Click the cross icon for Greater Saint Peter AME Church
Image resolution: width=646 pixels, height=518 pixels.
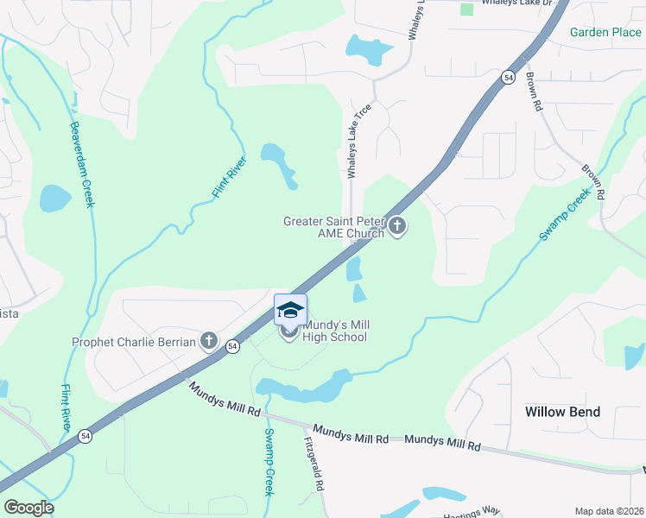tap(397, 227)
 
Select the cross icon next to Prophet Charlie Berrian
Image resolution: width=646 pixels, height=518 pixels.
tap(208, 341)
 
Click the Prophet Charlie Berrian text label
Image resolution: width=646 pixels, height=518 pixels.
tap(134, 341)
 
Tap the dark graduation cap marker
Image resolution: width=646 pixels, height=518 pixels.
tap(290, 309)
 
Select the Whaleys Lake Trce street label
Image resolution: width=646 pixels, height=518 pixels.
tap(352, 143)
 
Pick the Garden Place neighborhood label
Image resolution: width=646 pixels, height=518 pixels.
tap(605, 32)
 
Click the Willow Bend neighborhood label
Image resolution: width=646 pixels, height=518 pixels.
tap(562, 412)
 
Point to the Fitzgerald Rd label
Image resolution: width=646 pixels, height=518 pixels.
tap(314, 463)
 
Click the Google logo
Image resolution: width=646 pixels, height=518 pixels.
tap(28, 507)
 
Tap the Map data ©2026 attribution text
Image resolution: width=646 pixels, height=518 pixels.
tap(609, 511)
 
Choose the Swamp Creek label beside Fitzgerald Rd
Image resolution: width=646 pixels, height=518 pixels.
tap(269, 461)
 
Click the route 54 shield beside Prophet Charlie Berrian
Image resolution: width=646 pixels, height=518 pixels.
tap(231, 346)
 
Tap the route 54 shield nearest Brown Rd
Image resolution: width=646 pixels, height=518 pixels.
tap(509, 78)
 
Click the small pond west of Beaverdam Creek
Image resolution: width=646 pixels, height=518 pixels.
tap(54, 199)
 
